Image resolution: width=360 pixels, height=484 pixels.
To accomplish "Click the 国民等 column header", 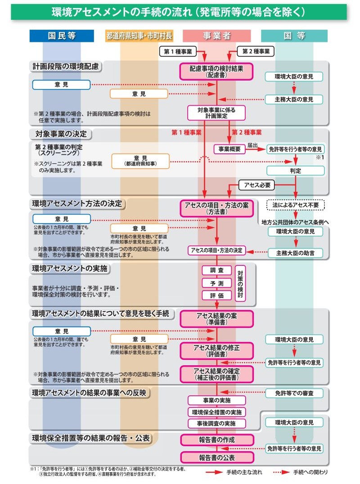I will pos(62,36).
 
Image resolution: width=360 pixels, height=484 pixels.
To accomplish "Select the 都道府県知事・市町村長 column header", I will pos(139,36).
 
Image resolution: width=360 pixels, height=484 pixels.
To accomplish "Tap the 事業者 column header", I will pos(216,36).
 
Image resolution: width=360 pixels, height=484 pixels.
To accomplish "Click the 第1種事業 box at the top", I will pos(178,52).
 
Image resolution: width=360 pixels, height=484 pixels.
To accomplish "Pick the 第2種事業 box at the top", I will pos(255,52).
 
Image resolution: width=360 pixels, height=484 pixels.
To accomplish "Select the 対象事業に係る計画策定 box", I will pos(216,112).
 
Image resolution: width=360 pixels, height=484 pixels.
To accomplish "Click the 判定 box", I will pos(295,170).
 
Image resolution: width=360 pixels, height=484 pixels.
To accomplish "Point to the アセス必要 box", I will pos(257,185).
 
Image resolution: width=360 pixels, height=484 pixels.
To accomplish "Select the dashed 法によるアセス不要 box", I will pos(295,204).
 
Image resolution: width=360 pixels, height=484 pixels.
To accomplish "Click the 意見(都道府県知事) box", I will pos(140,161).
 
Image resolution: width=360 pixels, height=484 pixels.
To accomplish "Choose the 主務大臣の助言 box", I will pos(295,253).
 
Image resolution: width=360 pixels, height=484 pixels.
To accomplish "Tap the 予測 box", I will pos(216,283).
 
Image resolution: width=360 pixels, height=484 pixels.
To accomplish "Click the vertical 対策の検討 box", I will pos(240,283).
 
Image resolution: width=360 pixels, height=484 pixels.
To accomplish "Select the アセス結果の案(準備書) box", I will pos(216,318).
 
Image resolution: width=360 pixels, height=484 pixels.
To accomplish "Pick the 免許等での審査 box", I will pos(294,393).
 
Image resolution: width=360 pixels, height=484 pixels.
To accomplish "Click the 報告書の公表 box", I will pos(216,457).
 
